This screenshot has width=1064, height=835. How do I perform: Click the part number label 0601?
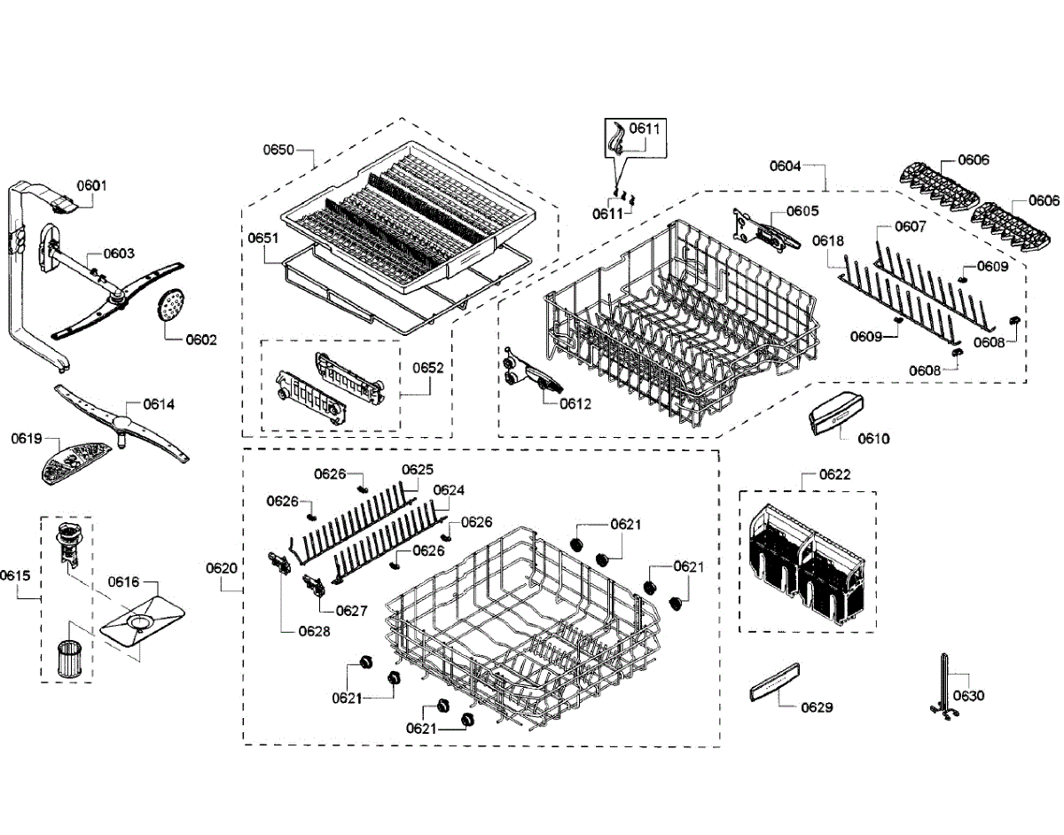point(91,185)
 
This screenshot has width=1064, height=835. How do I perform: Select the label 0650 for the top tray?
point(278,150)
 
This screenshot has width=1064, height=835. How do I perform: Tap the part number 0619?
point(27,438)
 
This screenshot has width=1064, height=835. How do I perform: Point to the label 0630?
point(968,696)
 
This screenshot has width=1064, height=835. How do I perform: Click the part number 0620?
point(222,567)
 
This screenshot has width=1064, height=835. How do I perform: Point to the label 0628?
point(315,631)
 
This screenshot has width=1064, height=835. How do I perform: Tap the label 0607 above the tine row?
point(910,226)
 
